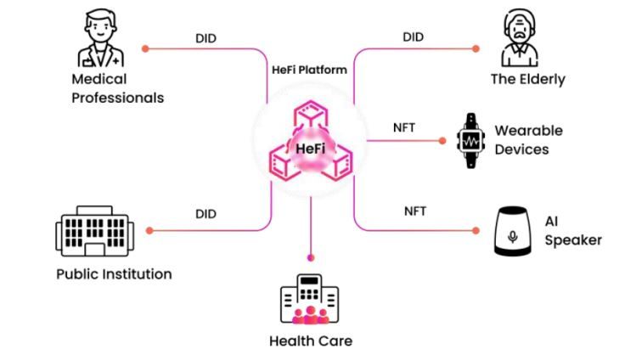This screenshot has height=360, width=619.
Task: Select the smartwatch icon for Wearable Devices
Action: point(469,140)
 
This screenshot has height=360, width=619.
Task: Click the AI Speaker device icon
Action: point(512,231)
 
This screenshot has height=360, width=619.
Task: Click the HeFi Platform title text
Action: point(310,70)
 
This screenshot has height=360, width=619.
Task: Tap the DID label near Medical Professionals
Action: point(206,37)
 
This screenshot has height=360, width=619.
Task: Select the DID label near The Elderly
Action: point(413,37)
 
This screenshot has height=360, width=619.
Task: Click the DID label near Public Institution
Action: point(206,214)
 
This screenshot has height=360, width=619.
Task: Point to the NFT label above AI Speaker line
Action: point(415,211)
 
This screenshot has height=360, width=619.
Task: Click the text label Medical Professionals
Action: point(117,88)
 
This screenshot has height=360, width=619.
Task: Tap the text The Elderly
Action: point(527,80)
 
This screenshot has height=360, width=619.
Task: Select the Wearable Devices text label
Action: point(528,140)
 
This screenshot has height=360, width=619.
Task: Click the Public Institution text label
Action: point(114,274)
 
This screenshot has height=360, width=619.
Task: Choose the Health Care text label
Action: point(310,341)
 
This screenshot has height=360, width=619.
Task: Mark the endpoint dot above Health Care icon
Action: point(311,256)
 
